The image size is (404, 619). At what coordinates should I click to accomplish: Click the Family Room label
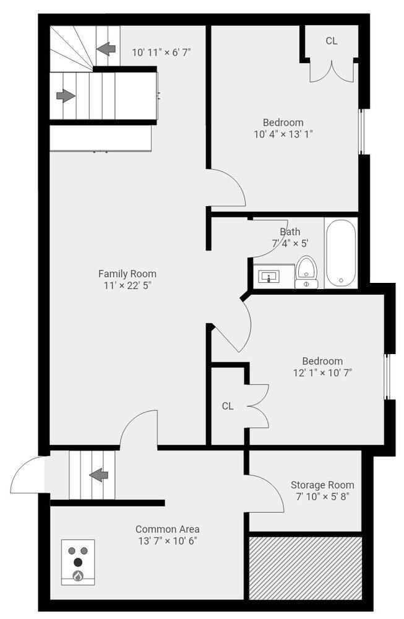(x=127, y=274)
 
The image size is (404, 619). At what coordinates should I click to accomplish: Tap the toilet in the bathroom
(x=306, y=272)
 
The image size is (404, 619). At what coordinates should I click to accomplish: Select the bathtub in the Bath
(x=341, y=253)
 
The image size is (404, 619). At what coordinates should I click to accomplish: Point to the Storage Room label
(x=322, y=485)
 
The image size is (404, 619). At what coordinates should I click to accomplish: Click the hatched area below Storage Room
(x=305, y=568)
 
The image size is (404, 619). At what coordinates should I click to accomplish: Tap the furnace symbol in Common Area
(x=78, y=562)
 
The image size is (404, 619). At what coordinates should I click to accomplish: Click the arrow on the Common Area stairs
(x=99, y=475)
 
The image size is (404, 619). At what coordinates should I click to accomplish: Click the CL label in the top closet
(x=332, y=41)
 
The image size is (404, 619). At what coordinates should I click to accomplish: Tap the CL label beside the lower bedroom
(x=228, y=406)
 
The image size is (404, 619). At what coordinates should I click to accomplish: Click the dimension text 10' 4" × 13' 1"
(x=283, y=134)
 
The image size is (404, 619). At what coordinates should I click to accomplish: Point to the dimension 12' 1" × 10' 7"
(x=322, y=373)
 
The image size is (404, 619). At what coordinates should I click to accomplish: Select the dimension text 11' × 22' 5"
(x=127, y=285)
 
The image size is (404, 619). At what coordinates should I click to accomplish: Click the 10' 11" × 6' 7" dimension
(x=161, y=52)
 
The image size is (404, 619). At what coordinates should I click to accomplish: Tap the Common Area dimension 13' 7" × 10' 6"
(x=167, y=541)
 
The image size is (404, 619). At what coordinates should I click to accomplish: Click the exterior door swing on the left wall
(x=27, y=475)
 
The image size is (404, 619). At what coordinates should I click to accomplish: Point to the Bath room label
(x=290, y=232)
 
